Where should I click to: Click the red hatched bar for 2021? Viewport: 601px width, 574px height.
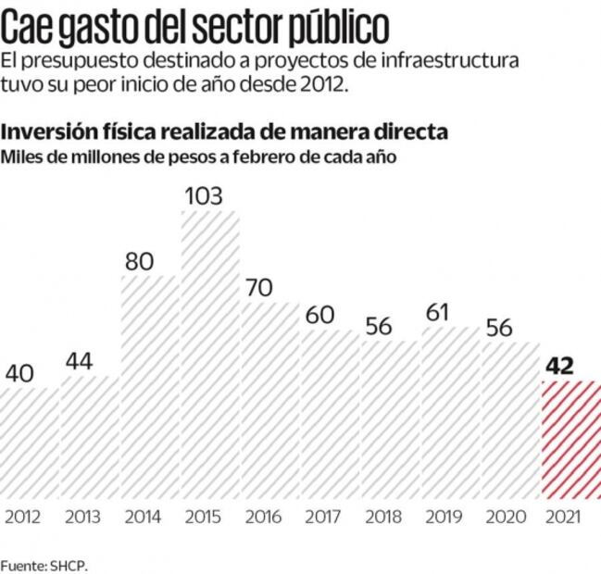coord(570,440)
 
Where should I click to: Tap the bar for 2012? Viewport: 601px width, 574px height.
coord(30,443)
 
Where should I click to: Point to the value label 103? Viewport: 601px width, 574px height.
coord(210,195)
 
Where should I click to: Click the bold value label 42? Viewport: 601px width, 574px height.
coord(559,365)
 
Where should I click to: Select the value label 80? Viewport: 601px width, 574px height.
coord(139,261)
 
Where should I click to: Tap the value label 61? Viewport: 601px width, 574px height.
coord(439,313)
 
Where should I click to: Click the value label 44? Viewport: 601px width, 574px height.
coord(79,361)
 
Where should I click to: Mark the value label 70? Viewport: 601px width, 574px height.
coord(259,288)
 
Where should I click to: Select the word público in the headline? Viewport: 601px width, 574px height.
coord(332,28)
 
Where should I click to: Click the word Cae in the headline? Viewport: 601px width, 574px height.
coord(27,28)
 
